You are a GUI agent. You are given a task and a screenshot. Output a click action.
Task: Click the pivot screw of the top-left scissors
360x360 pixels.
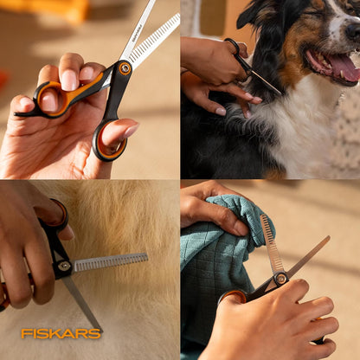pos(125,67)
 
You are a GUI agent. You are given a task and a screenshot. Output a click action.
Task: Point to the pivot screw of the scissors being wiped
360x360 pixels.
pos(280,279)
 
